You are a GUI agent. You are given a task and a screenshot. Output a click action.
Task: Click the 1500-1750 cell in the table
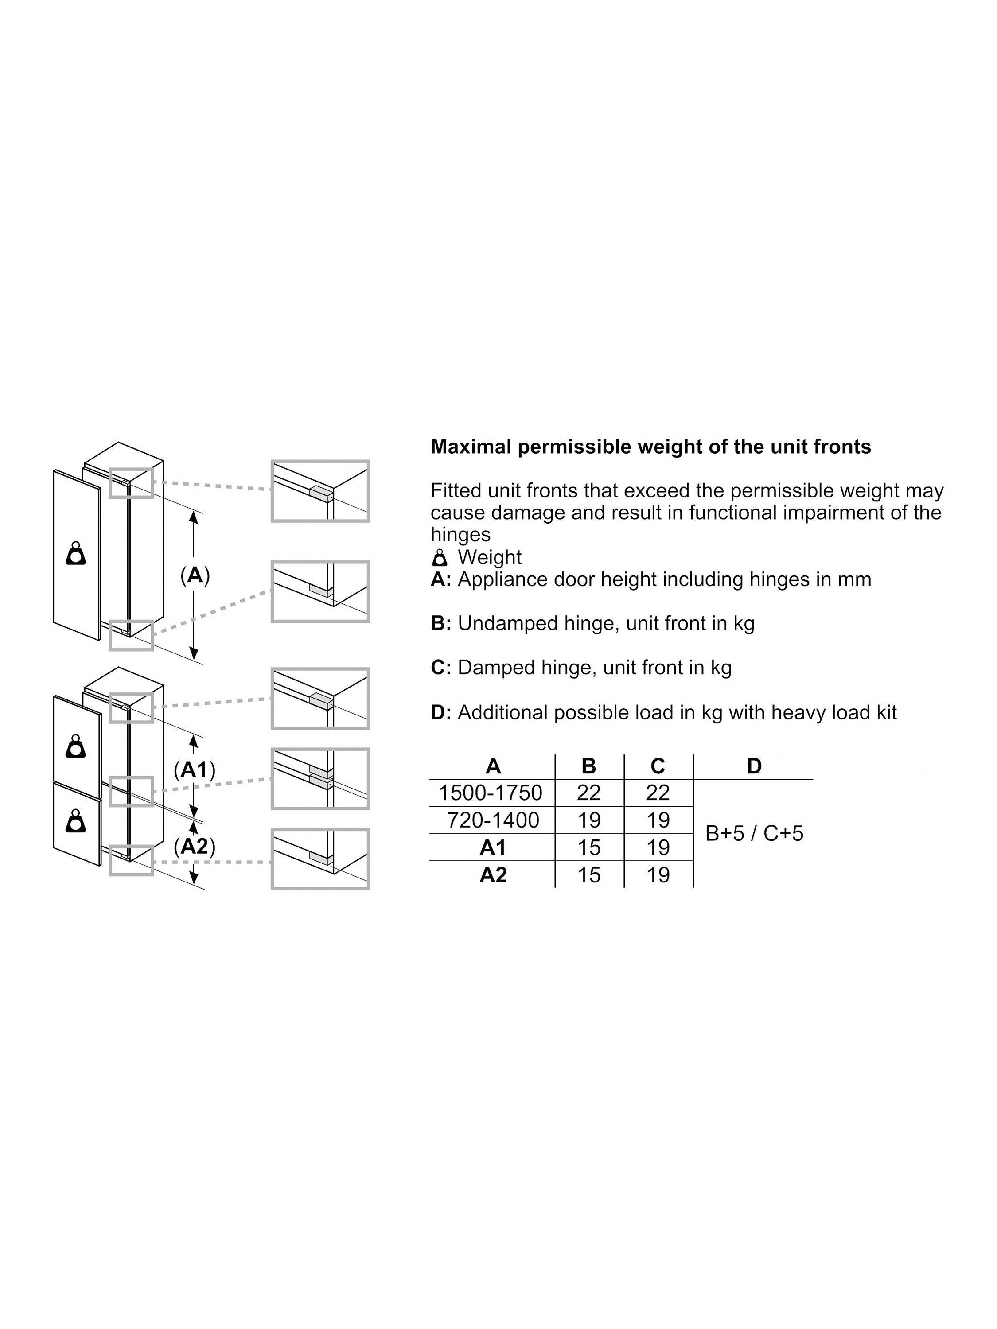491,793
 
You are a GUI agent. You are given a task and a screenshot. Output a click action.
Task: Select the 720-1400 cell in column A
493,820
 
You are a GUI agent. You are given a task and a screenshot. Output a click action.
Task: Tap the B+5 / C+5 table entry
754,833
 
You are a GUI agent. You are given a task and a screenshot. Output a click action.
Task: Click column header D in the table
754,766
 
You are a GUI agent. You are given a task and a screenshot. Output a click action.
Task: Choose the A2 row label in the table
493,875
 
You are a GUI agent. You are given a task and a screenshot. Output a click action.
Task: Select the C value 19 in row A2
658,875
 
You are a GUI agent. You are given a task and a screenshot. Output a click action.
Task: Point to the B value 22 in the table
589,793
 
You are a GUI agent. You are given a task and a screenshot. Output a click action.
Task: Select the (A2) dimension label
194,847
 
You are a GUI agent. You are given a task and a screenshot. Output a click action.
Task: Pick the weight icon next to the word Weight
440,558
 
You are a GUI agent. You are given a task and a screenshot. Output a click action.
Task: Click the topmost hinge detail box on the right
320,491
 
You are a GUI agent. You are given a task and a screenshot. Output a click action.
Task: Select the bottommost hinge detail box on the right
320,859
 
